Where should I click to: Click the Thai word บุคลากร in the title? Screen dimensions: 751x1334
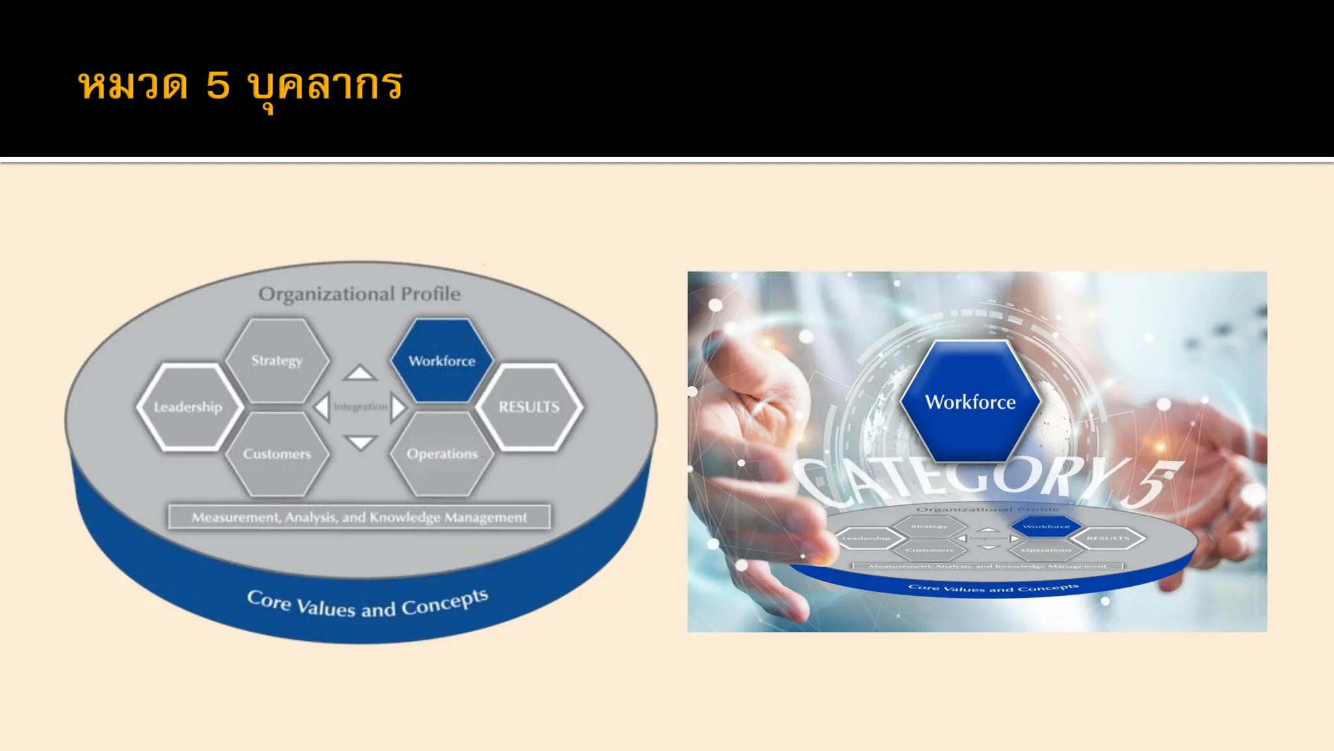pos(324,86)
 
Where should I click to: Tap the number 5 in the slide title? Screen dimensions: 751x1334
pos(218,86)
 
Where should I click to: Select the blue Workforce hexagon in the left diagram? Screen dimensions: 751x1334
pos(442,361)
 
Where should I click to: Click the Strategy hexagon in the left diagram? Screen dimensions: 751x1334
pos(277,361)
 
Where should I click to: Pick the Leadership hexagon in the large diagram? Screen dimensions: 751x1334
pos(189,407)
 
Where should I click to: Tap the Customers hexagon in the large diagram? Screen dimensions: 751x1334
pos(277,454)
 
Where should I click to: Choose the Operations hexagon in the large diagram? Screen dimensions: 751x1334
pos(442,454)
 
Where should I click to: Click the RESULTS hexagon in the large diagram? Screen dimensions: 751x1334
pos(529,407)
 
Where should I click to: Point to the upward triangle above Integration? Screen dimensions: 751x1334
pos(360,374)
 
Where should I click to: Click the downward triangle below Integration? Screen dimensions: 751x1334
pos(360,442)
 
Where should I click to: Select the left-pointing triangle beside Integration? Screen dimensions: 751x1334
pos(322,407)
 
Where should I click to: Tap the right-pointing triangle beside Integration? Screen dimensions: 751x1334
pos(397,407)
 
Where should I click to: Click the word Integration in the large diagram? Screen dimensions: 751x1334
pos(360,407)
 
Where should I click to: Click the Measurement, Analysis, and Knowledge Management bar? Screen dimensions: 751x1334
pos(359,517)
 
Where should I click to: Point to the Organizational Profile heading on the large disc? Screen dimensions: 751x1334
pos(359,294)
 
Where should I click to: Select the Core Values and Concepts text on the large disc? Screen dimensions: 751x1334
pos(368,604)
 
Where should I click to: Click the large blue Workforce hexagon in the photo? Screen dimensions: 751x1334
pos(971,402)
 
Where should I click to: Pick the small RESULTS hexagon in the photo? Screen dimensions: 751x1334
pos(1107,538)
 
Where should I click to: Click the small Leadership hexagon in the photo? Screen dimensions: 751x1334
pos(866,538)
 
